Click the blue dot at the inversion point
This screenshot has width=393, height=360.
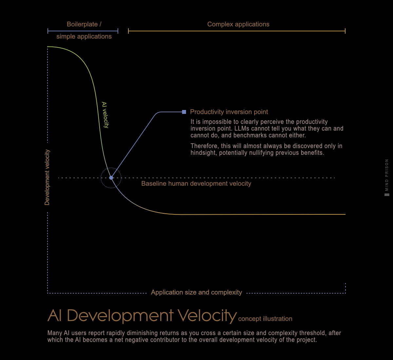[x=111, y=178]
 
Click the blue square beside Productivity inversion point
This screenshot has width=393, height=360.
[x=184, y=112]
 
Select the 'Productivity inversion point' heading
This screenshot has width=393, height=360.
[x=229, y=112]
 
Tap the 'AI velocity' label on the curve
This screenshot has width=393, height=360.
[x=105, y=115]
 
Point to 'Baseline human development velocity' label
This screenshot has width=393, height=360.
[x=196, y=184]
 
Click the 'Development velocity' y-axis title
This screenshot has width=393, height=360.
[x=47, y=177]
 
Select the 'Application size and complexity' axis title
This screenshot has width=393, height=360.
[x=196, y=292]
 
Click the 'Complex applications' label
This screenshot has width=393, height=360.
[x=238, y=24]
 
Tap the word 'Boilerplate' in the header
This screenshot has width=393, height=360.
[x=82, y=24]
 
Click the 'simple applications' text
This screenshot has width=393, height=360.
[x=84, y=36]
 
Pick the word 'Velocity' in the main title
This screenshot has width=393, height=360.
[x=207, y=315]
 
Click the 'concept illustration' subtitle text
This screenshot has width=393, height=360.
[x=265, y=319]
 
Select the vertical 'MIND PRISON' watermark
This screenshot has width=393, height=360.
[x=387, y=175]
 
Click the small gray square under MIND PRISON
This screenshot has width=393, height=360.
[x=387, y=195]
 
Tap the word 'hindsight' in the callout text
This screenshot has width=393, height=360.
[x=203, y=153]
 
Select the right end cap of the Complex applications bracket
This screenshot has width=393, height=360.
[x=345, y=31]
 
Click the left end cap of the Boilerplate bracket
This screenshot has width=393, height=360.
[x=48, y=31]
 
